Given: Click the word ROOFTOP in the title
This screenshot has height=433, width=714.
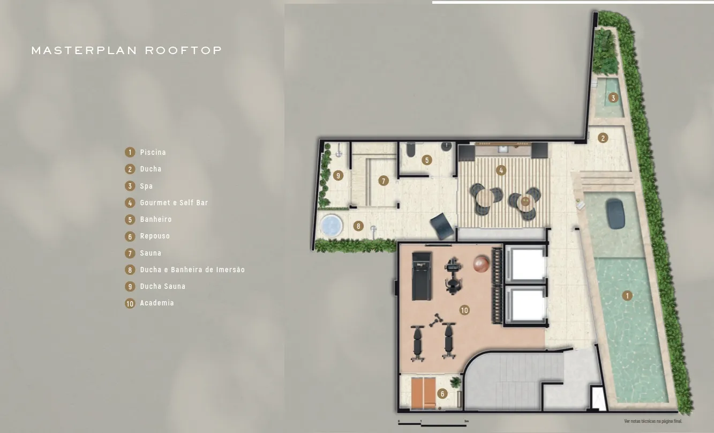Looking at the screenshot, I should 183,51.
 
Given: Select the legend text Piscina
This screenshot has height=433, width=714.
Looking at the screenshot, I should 153,153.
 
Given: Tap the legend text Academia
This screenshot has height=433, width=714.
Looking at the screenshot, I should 157,303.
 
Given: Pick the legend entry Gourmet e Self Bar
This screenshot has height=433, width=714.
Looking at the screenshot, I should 174,203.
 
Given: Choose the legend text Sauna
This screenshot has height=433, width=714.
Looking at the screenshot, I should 151,253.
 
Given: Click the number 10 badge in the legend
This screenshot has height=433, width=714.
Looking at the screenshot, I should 130,304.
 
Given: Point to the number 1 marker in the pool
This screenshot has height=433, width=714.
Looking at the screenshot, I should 628,295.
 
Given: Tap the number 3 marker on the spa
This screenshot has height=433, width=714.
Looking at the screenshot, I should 613,98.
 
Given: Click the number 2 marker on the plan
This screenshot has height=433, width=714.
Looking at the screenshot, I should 603,138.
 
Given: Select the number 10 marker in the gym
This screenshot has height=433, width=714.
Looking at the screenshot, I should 464,310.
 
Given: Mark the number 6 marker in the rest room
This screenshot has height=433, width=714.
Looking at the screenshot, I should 442,394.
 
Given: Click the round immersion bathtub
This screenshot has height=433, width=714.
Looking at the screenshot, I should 331,225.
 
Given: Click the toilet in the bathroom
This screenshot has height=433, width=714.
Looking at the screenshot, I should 410,150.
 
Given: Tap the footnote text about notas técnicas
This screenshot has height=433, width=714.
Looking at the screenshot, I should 653,421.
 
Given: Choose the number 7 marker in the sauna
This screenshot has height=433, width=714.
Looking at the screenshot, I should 384,181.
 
